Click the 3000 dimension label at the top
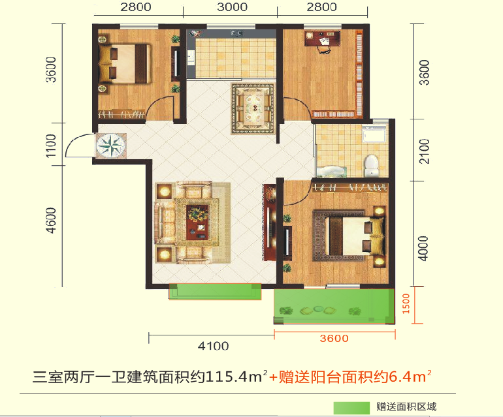(233, 7)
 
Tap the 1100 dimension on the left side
(51, 146)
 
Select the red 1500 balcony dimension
(406, 303)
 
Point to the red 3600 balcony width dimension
(334, 339)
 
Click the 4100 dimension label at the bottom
(214, 346)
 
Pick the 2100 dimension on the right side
(424, 151)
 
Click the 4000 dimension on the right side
(423, 249)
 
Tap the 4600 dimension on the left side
(51, 220)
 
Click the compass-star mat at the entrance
(111, 146)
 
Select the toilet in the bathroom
(372, 166)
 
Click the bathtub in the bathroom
(332, 172)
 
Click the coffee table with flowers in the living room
(197, 223)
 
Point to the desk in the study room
(323, 38)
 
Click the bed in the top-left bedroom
(125, 64)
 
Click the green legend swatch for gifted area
(351, 408)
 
